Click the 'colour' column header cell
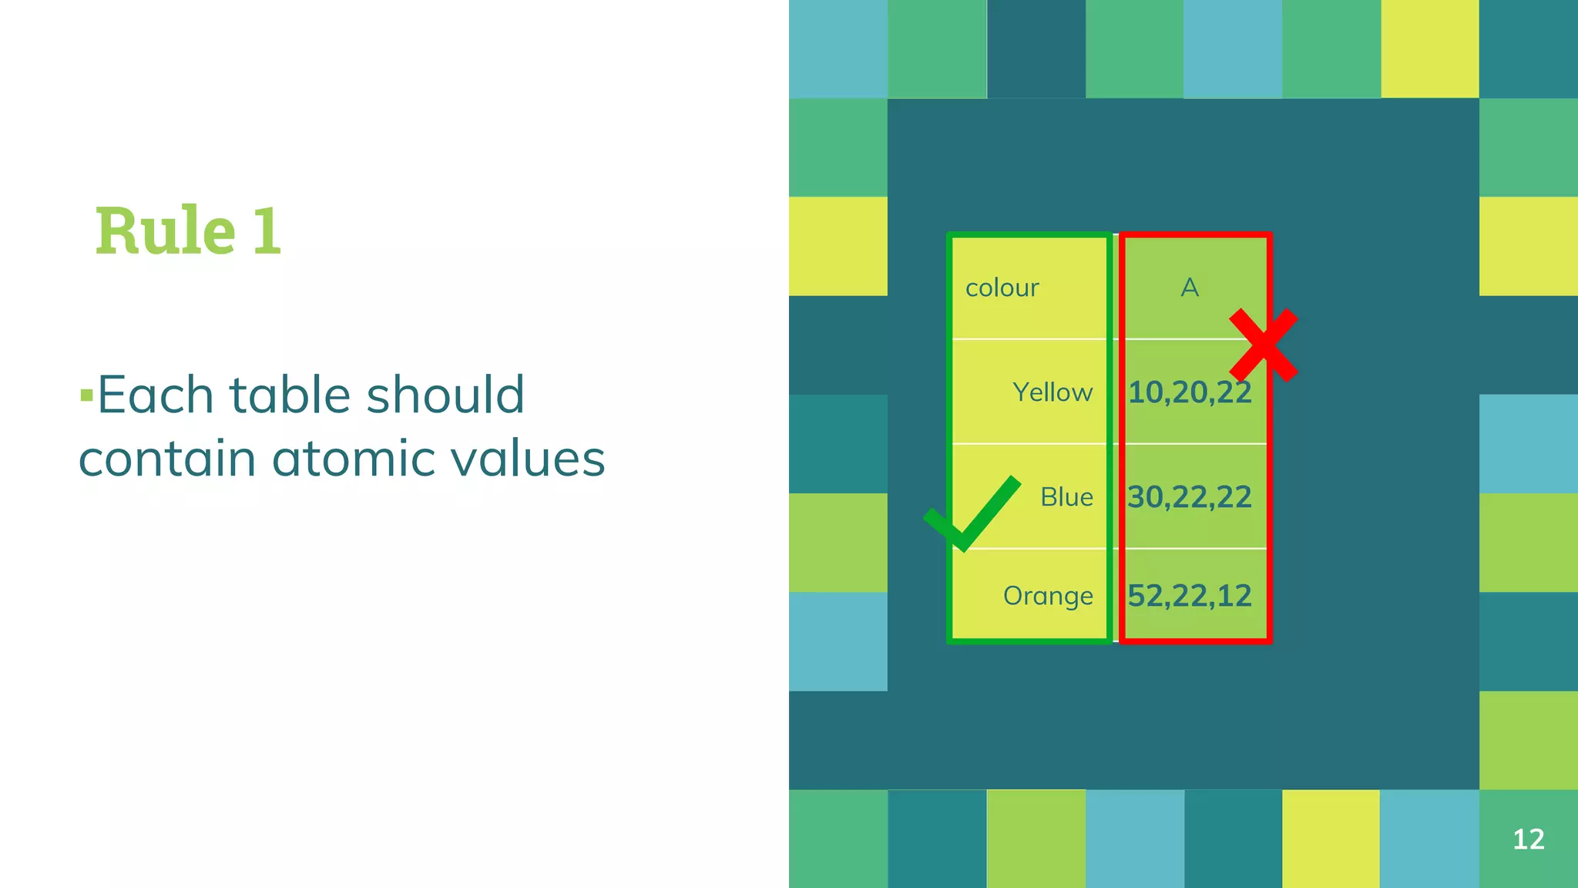pos(1002,288)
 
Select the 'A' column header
pos(1190,288)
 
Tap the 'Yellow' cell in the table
pos(1052,392)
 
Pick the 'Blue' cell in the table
pos(1066,497)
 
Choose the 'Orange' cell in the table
pos(1048,596)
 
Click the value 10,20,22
pos(1189,392)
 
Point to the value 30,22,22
pos(1189,497)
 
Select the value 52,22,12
pos(1189,596)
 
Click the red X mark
pos(1264,345)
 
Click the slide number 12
pos(1528,839)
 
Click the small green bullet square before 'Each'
pos(86,396)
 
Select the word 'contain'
pos(167,459)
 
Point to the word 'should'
pos(445,395)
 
